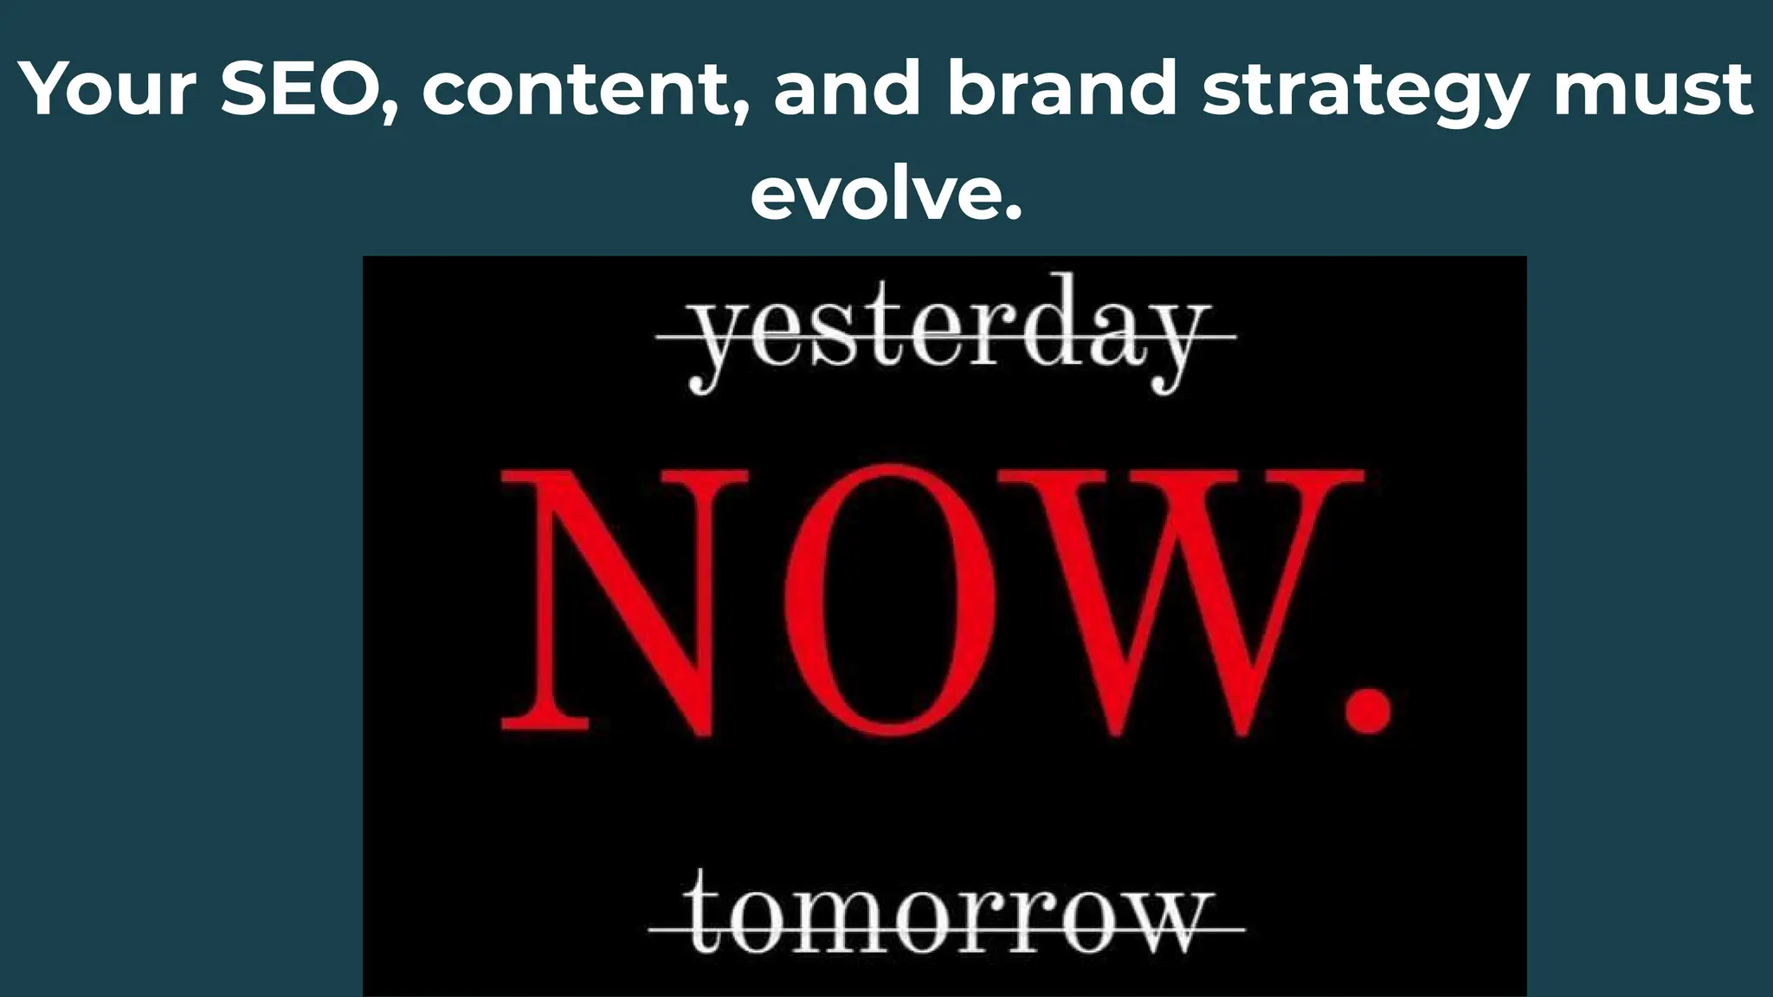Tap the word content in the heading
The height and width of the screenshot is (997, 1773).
(572, 90)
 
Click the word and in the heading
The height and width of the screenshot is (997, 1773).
(846, 88)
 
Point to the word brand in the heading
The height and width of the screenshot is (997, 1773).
(1061, 88)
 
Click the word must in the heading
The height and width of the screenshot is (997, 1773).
(1654, 90)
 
